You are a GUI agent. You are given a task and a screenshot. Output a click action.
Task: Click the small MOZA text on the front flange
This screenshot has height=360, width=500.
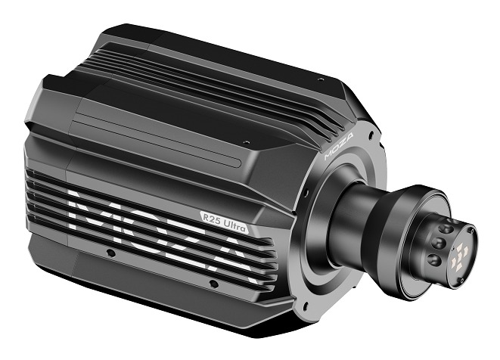pyautogui.click(x=339, y=146)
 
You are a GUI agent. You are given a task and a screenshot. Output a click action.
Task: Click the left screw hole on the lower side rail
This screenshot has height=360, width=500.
pyautogui.click(x=110, y=253)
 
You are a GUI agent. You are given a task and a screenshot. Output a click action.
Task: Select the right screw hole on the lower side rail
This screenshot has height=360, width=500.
pyautogui.click(x=213, y=284)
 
